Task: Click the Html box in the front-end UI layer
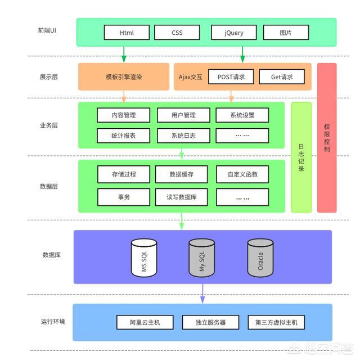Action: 127,33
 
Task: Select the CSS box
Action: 177,33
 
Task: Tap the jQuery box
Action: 234,33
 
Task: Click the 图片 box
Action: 286,33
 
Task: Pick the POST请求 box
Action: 231,76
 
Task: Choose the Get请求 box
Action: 282,76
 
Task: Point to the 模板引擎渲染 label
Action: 124,77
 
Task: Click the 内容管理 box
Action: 123,115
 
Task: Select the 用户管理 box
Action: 183,115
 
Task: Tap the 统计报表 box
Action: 123,136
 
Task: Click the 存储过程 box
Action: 124,174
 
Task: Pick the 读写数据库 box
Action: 182,197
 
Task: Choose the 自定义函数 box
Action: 242,174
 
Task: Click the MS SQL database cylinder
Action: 144,258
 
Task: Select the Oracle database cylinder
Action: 260,258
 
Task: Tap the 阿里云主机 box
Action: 145,322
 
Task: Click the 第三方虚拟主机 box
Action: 276,322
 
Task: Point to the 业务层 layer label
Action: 48,125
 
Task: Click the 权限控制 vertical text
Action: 327,138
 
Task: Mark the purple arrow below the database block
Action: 202,294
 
